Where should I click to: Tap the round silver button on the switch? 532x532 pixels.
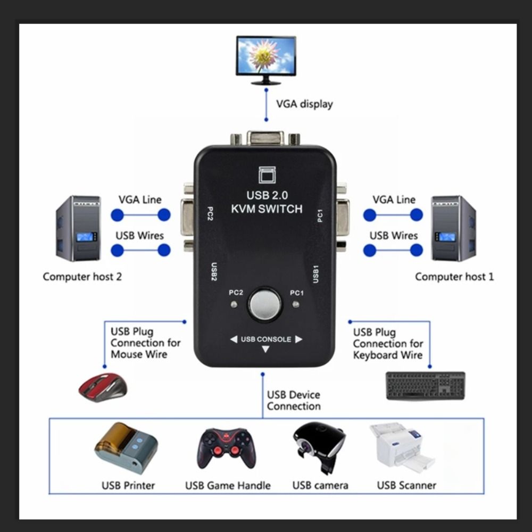265,305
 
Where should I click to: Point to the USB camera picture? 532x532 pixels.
319,447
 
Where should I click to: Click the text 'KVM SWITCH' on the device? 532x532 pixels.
267,209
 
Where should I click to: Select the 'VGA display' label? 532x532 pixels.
304,104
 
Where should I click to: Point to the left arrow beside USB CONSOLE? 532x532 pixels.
234,339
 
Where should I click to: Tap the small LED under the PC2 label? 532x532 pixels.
234,305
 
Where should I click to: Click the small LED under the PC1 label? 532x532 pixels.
296,305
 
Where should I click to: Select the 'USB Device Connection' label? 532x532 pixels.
294,401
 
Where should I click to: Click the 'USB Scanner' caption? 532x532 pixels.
406,485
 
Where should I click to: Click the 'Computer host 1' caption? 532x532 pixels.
454,277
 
